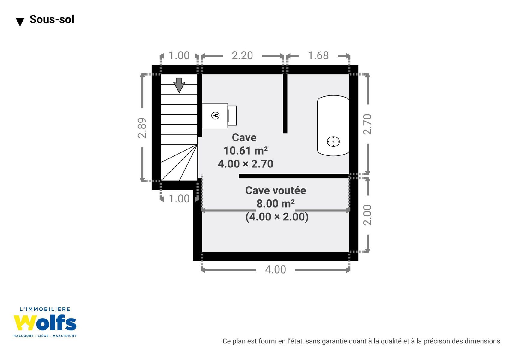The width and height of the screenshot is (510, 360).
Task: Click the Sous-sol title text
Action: coord(52,19)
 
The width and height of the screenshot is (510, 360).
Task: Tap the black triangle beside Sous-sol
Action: coord(20,22)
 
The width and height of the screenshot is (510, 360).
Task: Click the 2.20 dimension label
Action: coord(242,56)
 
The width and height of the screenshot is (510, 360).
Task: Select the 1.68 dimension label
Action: coord(318,56)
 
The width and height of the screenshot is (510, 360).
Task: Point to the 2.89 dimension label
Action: coord(142,128)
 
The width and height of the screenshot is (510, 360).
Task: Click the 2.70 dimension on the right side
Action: coord(367,124)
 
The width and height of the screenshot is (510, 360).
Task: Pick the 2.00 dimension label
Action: coord(367,215)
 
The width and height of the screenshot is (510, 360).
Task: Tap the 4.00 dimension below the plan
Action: coord(276,270)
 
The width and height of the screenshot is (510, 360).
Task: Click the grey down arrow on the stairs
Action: coord(179,85)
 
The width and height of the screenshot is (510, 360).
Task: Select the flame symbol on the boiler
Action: coord(216,115)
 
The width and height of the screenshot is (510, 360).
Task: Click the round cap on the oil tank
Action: coord(333,142)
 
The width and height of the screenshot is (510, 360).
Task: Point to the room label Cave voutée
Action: coord(276,191)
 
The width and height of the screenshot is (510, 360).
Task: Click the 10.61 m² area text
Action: coord(246,151)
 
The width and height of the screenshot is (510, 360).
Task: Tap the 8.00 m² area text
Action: coord(276,204)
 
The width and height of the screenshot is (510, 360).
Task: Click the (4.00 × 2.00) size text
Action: coord(277,217)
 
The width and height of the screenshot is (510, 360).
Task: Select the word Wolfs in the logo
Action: coord(45,323)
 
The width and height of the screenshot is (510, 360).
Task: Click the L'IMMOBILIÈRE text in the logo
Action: coord(45,309)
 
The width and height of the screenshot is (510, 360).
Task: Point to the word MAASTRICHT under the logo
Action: coord(65,336)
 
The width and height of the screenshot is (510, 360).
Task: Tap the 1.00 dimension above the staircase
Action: coord(179,56)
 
